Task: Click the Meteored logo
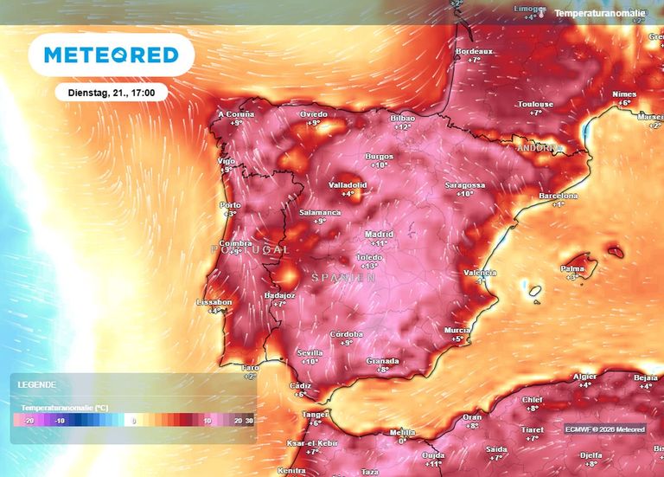(111, 55)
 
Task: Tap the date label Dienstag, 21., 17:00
(111, 92)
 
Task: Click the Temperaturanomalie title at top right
(599, 14)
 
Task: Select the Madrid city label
(379, 234)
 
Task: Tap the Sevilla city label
(310, 352)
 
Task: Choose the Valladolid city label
(348, 184)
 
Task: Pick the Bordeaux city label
(473, 51)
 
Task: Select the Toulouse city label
(535, 104)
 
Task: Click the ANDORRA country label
(539, 148)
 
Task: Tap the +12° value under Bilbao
(402, 126)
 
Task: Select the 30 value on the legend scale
(249, 421)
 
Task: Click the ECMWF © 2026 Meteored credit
(605, 429)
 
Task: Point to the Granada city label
(382, 360)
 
